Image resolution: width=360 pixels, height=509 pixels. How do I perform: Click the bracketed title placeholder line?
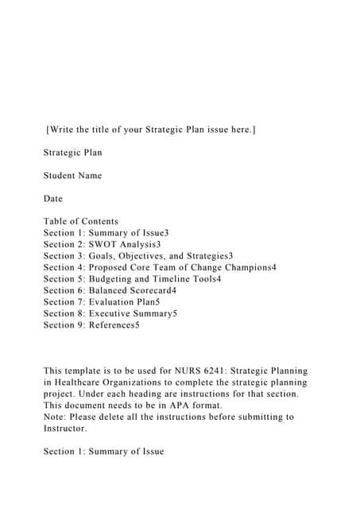(151, 129)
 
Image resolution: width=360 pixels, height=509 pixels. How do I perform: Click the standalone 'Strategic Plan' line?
(73, 152)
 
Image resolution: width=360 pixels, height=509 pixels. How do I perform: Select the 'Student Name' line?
(73, 175)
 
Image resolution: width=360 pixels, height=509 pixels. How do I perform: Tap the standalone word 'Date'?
(53, 198)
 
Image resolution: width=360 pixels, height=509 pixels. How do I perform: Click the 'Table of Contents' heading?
(81, 221)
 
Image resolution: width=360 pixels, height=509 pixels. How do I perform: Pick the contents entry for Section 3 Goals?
(138, 256)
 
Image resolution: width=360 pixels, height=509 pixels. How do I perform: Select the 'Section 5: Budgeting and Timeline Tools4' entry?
(133, 279)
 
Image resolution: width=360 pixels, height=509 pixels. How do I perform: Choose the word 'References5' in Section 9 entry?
(114, 325)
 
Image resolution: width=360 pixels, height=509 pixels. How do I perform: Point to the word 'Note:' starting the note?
(57, 417)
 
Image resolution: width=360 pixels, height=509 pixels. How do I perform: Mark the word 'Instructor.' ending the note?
(65, 429)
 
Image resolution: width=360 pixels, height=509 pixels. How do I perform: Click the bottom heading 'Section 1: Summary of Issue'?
(104, 452)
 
